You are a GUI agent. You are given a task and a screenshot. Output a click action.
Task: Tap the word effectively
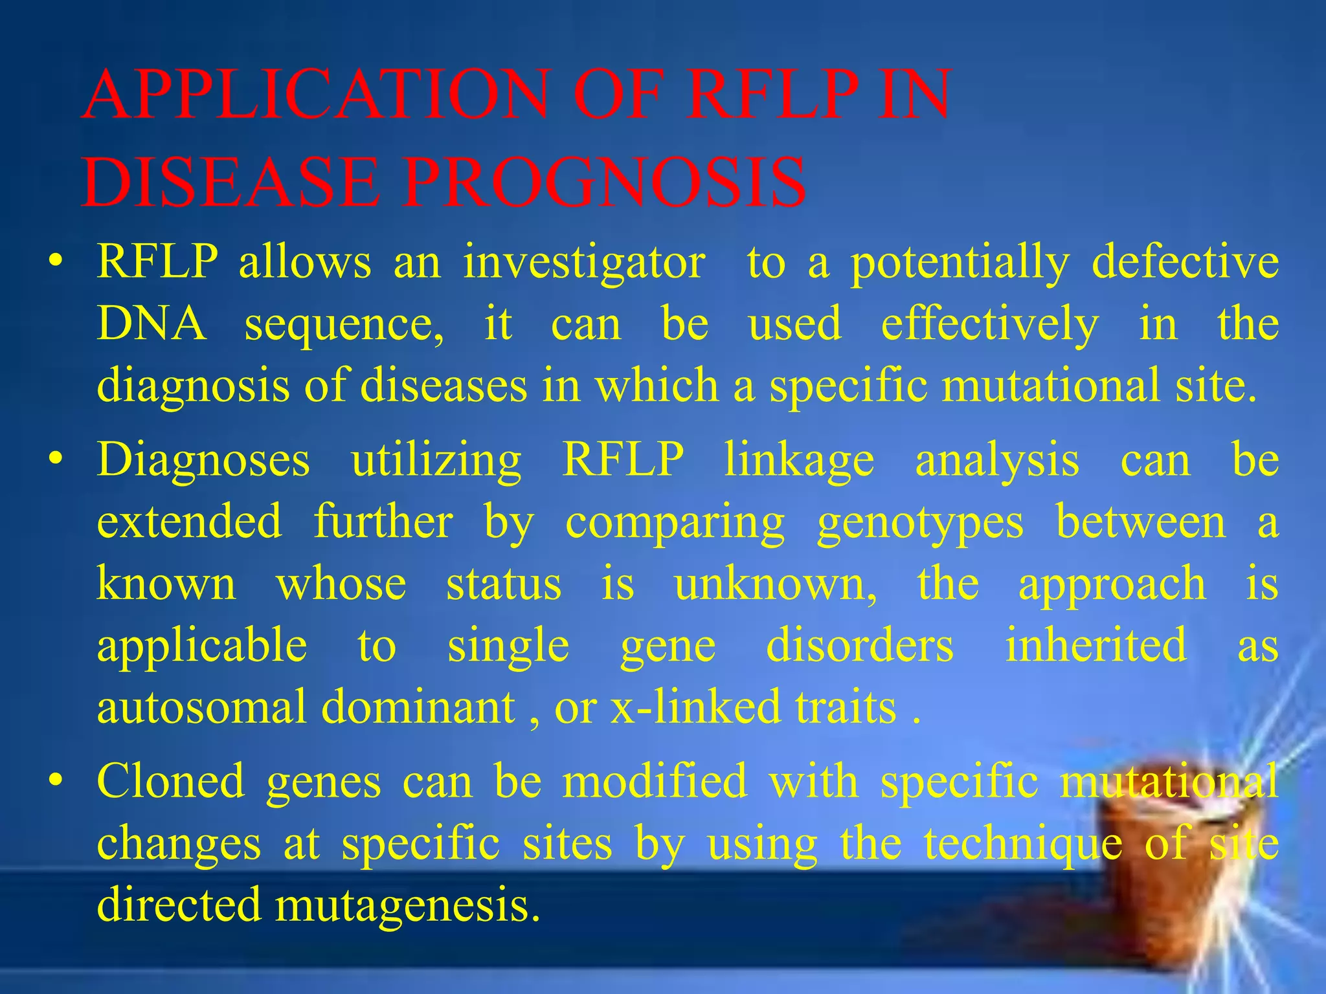(x=990, y=324)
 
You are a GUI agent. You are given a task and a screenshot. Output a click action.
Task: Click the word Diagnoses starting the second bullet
(x=203, y=461)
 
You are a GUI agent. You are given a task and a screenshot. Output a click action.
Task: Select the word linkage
(x=799, y=461)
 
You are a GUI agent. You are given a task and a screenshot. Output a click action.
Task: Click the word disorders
(x=860, y=645)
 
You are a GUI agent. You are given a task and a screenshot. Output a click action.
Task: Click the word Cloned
(x=170, y=782)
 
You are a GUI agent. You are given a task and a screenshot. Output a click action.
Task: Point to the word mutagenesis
(x=407, y=905)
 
